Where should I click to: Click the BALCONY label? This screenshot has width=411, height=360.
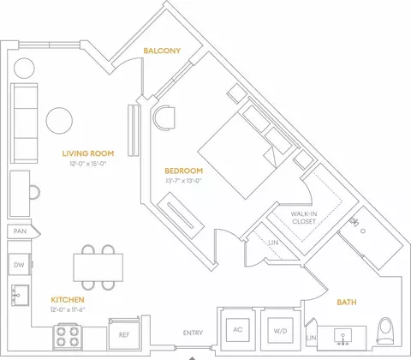tap(162, 51)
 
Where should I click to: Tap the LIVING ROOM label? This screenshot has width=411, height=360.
tap(88, 153)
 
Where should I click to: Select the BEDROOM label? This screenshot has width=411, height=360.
tap(184, 171)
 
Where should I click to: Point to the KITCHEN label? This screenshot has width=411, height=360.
tap(68, 300)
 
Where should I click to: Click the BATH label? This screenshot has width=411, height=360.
tap(347, 303)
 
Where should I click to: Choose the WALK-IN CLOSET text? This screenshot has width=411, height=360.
tap(304, 218)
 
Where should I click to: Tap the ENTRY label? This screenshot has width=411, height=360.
tap(193, 333)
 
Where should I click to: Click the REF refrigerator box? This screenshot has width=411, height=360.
tap(124, 333)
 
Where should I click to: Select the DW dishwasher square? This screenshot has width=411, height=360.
tap(19, 264)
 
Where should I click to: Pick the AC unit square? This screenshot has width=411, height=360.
tap(238, 330)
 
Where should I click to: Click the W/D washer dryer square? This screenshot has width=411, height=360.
tap(280, 330)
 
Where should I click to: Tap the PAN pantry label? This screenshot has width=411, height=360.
tap(20, 231)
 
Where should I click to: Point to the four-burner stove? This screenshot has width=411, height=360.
tap(67, 337)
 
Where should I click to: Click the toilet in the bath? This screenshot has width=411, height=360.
tap(387, 332)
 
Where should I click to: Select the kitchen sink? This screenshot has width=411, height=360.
tap(20, 295)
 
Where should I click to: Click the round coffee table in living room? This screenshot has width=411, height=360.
tap(59, 121)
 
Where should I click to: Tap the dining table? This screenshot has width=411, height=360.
tap(98, 267)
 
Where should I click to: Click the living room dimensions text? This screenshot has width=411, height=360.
tap(88, 164)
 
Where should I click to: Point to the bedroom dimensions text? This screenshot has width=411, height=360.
tap(184, 181)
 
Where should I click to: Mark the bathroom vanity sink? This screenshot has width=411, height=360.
tap(342, 336)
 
